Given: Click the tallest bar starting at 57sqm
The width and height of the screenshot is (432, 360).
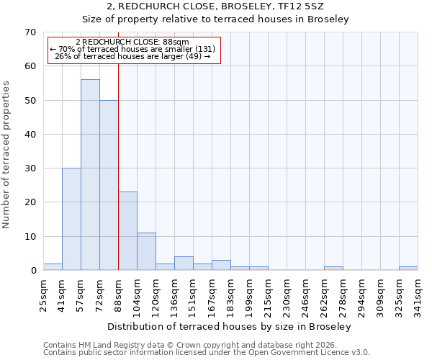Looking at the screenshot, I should (90, 175).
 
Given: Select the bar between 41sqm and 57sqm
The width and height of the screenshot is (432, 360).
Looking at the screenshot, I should (71, 219).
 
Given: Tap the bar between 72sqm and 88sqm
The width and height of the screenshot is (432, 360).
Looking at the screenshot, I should (109, 185).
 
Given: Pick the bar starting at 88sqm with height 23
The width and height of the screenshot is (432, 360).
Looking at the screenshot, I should (127, 231).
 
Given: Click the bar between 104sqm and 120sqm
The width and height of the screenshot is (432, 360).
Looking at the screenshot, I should (146, 251).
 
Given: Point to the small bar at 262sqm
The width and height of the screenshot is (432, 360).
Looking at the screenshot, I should (333, 269).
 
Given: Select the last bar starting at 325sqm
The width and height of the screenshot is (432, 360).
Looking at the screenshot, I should (408, 269).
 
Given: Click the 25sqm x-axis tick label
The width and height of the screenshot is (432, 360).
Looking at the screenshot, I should (43, 294).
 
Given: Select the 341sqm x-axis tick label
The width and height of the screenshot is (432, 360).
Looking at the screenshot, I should (418, 294).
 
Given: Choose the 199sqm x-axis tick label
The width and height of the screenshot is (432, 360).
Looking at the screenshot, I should (249, 294).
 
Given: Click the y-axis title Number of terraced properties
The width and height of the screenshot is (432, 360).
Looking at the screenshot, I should (6, 154).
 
